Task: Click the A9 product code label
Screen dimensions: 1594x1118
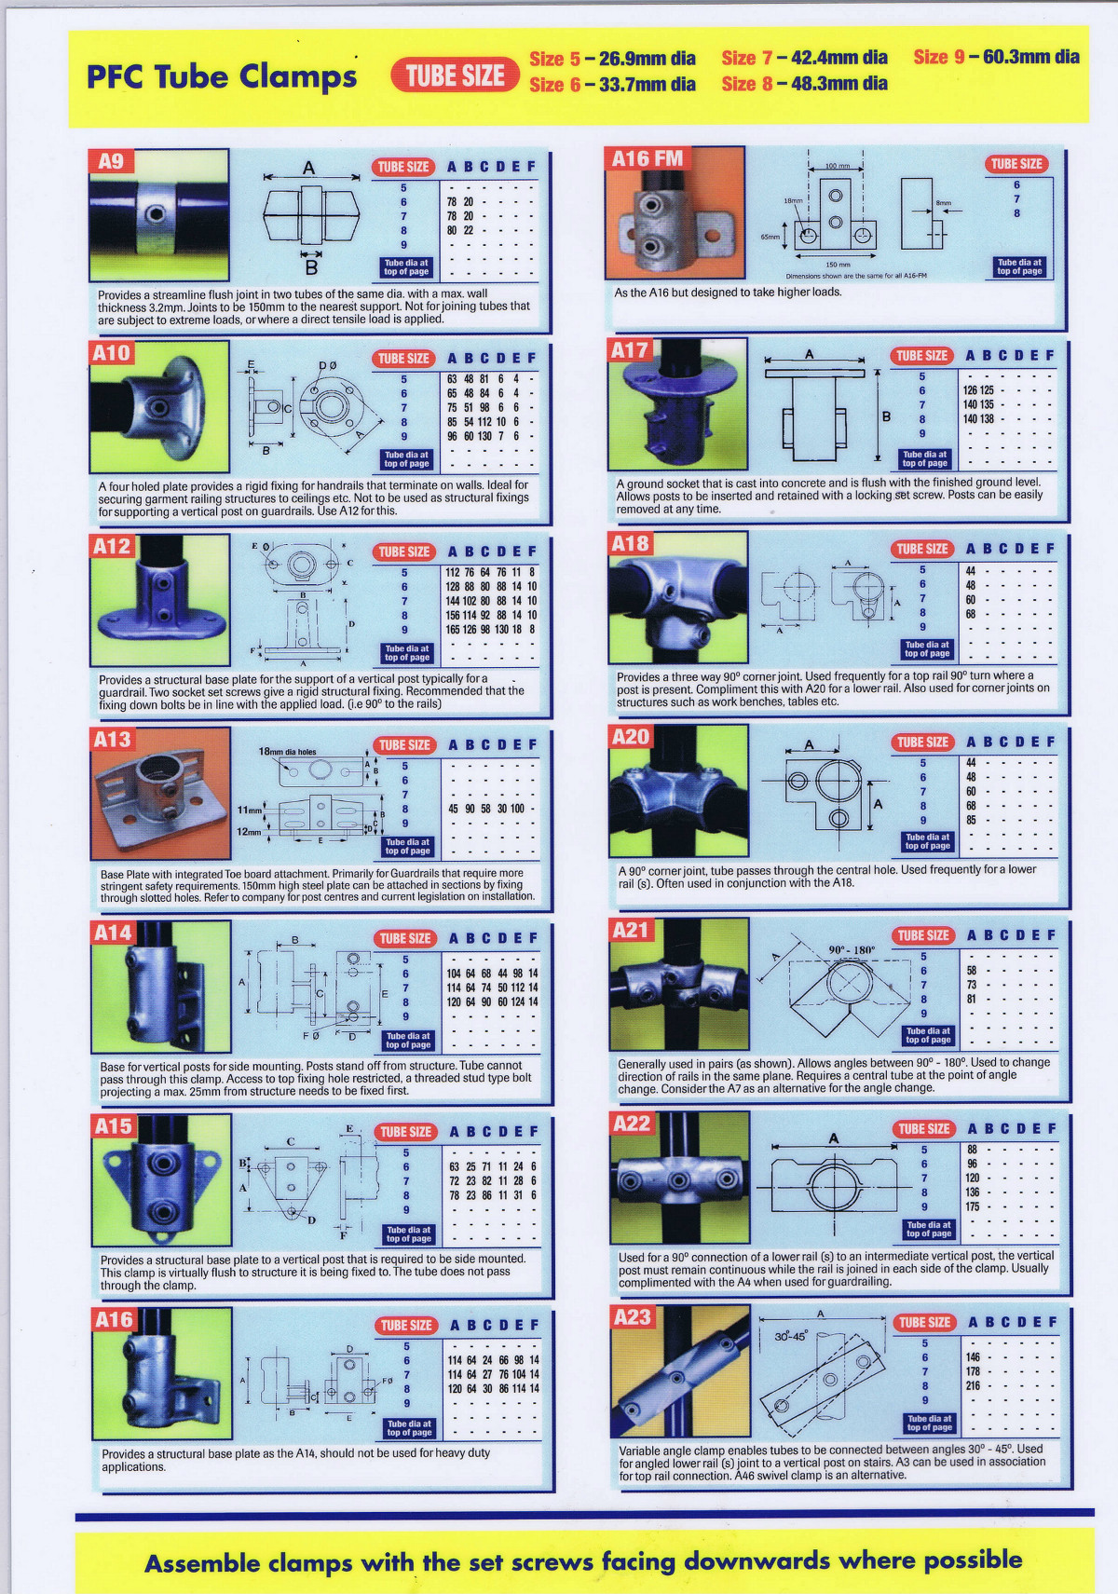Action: click(x=111, y=161)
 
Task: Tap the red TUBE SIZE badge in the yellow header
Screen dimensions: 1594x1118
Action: click(x=455, y=75)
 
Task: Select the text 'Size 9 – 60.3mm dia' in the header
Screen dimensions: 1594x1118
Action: click(x=996, y=57)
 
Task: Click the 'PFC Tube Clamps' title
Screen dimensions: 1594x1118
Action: click(x=222, y=76)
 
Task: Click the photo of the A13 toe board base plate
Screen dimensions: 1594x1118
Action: click(x=160, y=793)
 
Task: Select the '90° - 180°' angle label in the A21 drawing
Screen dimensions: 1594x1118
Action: click(x=852, y=950)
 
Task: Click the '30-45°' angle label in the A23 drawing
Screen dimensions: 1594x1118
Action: click(x=792, y=1336)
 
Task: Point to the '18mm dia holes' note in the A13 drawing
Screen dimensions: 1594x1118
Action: click(x=287, y=752)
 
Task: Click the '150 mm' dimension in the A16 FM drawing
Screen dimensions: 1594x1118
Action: click(x=838, y=265)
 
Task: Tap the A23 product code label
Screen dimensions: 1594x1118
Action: click(x=632, y=1317)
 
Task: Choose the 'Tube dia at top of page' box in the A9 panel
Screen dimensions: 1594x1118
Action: click(x=406, y=267)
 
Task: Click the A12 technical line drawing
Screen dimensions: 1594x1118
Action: click(x=302, y=601)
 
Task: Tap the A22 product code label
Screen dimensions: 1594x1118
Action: click(x=631, y=1124)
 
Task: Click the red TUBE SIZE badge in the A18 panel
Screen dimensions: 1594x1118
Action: click(x=922, y=549)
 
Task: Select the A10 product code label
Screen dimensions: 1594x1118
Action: click(x=112, y=353)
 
